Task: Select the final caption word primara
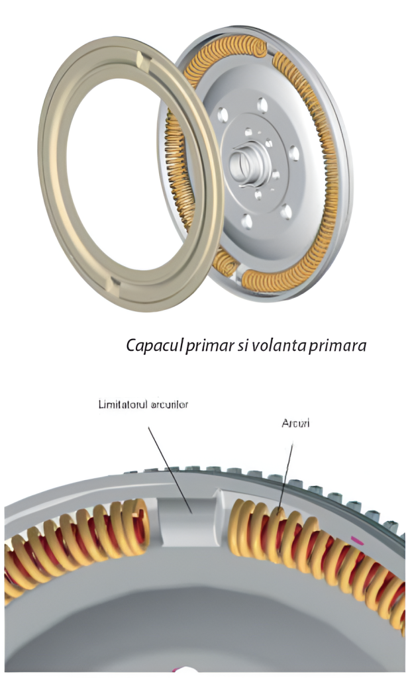point(338,345)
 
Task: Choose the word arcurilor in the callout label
point(168,403)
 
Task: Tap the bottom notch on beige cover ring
point(115,287)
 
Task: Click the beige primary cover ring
point(56,199)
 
